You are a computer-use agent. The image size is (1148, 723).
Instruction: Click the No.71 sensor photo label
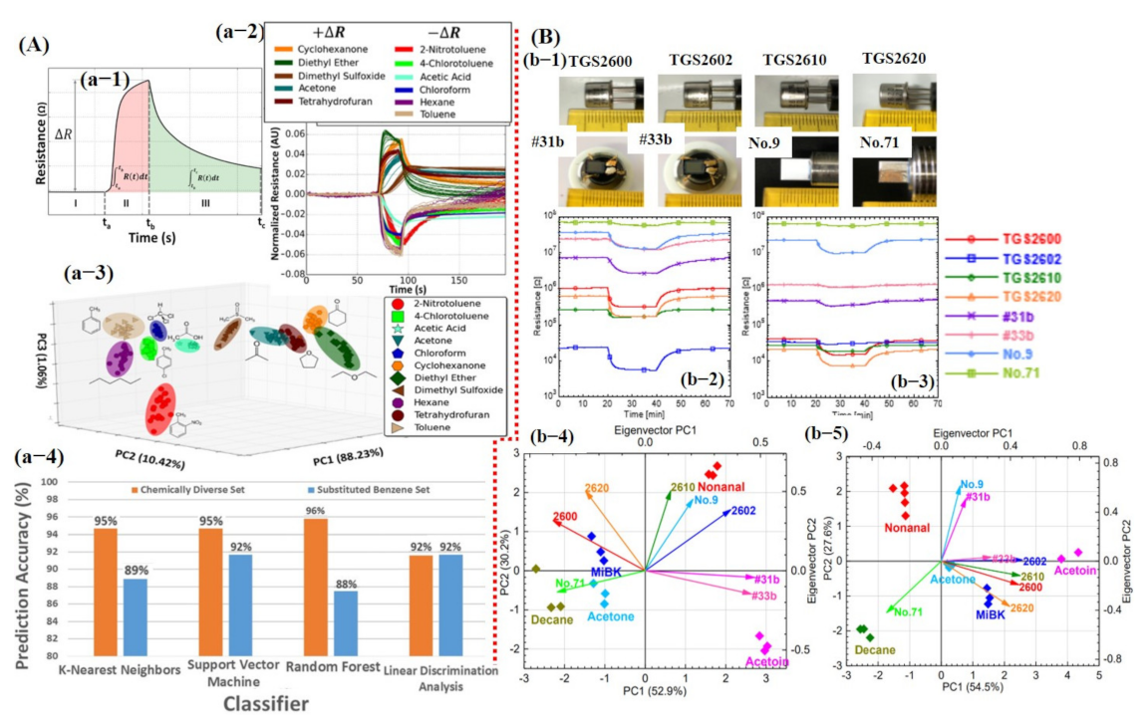(878, 142)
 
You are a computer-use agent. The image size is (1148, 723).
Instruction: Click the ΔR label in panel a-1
(61, 134)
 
